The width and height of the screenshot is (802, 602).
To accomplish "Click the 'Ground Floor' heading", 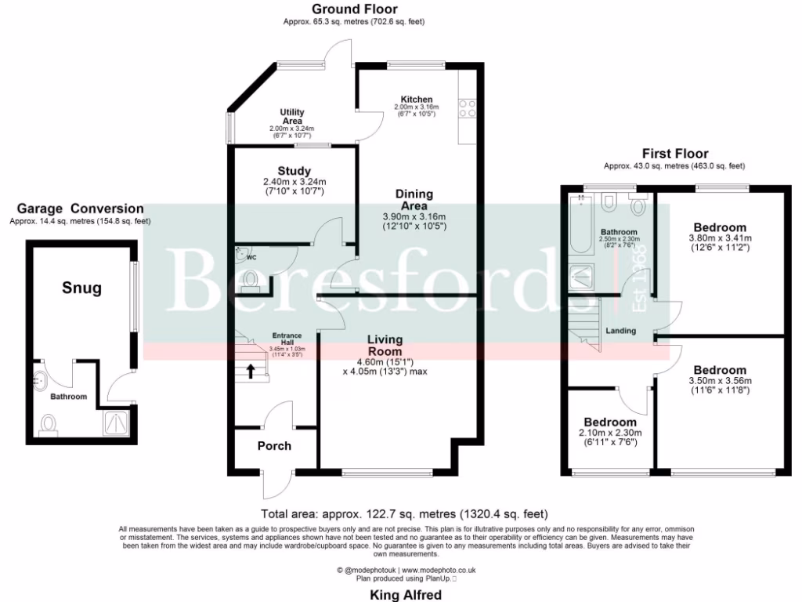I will point(354,9).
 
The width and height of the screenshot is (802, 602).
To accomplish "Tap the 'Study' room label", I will point(294,171).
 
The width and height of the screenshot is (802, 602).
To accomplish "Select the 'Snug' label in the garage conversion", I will point(82,288).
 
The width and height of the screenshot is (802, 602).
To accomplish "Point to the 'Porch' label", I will point(274,446).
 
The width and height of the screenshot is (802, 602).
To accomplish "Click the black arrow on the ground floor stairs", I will point(251,371).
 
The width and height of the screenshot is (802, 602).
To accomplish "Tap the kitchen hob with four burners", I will point(468,107).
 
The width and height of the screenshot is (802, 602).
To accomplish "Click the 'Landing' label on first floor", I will point(620,331).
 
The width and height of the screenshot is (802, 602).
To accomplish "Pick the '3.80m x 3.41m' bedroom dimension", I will point(720,238).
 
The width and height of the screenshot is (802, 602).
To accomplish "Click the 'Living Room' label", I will point(385,346).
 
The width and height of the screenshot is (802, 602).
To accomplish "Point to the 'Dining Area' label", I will point(414,200).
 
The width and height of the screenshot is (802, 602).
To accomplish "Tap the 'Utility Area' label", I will point(292,117).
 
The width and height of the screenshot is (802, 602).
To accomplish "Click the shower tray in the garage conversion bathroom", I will point(117,423).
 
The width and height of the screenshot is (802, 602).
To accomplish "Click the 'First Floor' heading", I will point(674,154).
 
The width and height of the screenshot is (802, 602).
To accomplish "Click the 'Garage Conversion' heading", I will point(80,209).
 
